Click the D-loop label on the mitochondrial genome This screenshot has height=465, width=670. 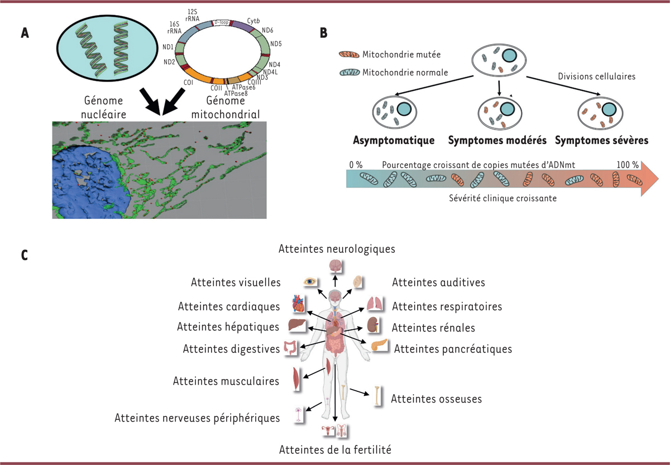[x=221, y=22]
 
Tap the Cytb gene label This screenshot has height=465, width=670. [x=253, y=21]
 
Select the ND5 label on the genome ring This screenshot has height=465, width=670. [x=276, y=44]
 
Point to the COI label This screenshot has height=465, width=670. [x=188, y=82]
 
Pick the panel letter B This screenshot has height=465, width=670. [x=323, y=33]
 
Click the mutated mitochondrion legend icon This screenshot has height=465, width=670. [x=349, y=54]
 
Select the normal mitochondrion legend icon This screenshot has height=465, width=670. [x=350, y=73]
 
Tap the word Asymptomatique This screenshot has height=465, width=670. [x=394, y=140]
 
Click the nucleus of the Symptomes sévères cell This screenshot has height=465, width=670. [x=609, y=109]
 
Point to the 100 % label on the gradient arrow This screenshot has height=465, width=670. [x=628, y=165]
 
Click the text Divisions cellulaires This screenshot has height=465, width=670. [x=597, y=76]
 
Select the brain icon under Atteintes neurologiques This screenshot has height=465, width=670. [x=336, y=266]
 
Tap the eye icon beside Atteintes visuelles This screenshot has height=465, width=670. [x=310, y=282]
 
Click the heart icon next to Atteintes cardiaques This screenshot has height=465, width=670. [x=299, y=304]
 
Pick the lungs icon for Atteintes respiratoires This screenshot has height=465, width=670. [x=375, y=304]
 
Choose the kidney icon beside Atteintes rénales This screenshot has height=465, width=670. [x=374, y=325]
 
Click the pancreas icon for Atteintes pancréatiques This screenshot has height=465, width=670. [x=379, y=345]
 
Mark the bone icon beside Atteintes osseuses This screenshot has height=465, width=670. [x=377, y=396]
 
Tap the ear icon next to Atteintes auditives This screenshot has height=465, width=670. [x=357, y=282]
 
